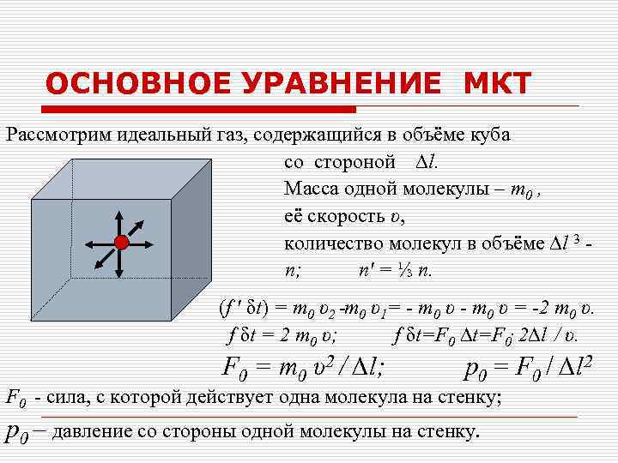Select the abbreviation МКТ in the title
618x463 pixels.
click(x=498, y=84)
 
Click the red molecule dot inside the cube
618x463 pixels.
click(x=121, y=244)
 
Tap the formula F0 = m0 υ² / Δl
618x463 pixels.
click(x=304, y=370)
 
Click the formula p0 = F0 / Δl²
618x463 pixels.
click(x=529, y=370)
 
